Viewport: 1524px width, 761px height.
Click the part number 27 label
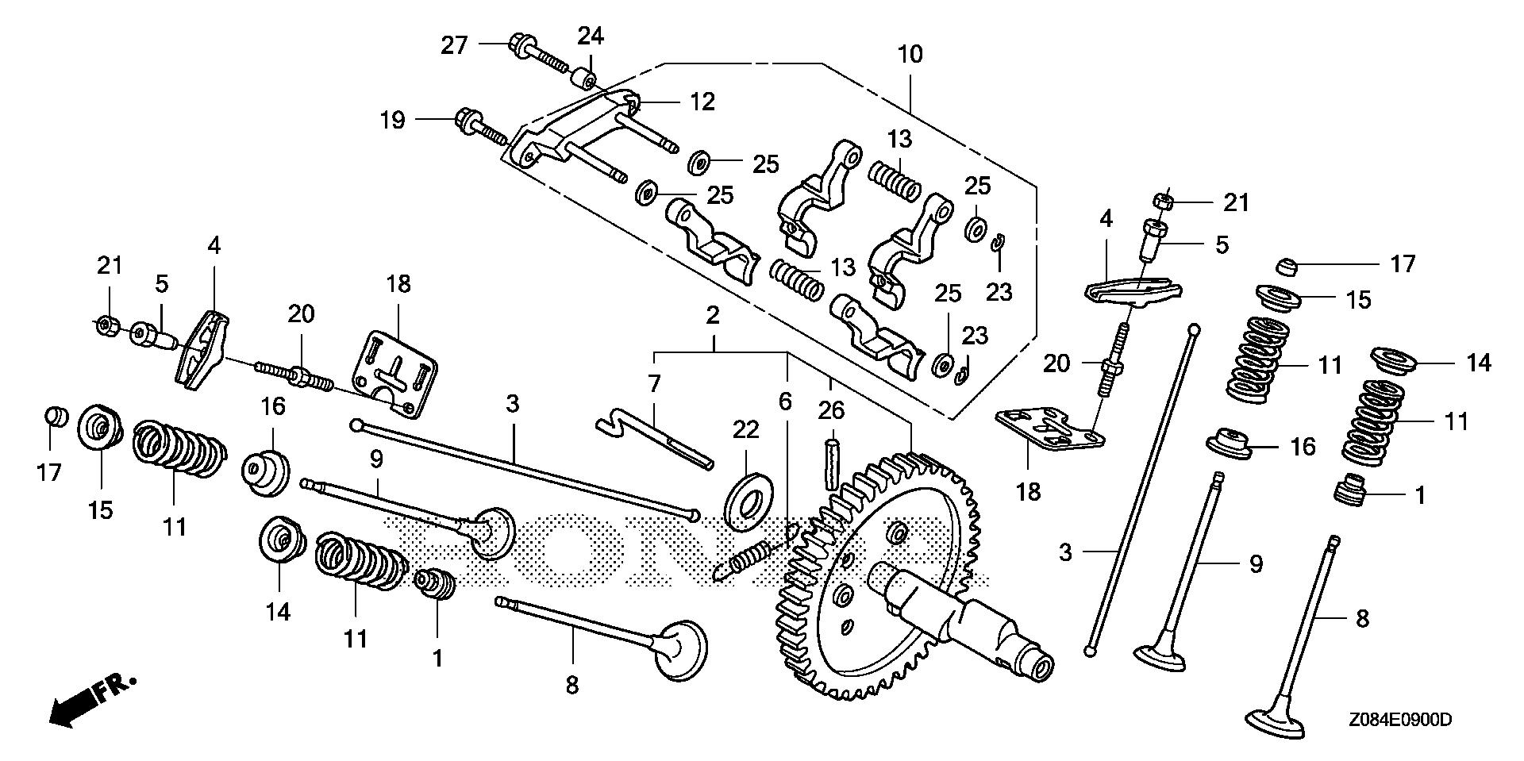point(455,45)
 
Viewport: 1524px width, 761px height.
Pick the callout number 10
point(910,55)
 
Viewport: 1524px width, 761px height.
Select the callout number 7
point(654,385)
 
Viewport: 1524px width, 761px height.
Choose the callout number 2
point(713,316)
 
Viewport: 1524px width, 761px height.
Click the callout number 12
point(701,102)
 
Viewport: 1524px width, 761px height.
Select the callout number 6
point(785,402)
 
